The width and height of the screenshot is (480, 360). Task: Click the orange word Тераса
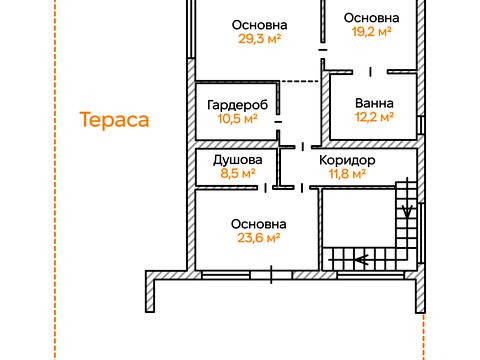tap(114, 120)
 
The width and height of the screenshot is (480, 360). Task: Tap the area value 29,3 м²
tap(260, 39)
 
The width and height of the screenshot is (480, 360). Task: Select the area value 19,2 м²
tap(372, 32)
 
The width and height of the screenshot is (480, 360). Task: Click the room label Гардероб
tap(237, 105)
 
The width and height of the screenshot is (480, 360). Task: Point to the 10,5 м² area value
tap(238, 119)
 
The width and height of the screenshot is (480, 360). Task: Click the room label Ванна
tap(374, 103)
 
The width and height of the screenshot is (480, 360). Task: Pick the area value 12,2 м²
tap(374, 117)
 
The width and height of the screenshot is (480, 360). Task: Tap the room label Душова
tap(238, 160)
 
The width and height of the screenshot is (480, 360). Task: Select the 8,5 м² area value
tap(238, 173)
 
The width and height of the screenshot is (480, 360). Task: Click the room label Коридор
tap(347, 161)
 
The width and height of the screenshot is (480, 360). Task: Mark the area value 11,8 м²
tap(347, 174)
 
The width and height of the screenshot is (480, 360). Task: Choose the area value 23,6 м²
tap(259, 238)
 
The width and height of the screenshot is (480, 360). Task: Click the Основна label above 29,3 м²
tap(260, 25)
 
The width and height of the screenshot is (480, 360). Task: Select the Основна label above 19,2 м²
tap(372, 18)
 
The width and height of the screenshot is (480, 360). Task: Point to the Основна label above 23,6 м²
tap(259, 224)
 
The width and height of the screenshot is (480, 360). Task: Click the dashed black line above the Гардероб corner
tap(299, 81)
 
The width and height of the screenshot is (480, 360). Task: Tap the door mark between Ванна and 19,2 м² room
tap(370, 72)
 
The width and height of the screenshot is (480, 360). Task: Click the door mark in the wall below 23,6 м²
tap(271, 275)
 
